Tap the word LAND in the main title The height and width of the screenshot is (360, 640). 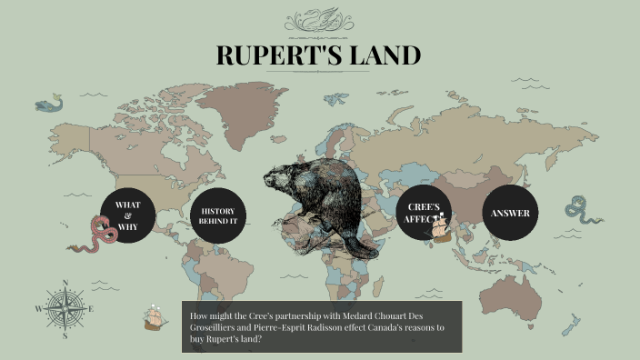click(x=382, y=55)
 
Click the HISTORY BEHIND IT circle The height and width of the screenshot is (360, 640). click(x=219, y=216)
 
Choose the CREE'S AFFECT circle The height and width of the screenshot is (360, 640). click(x=423, y=213)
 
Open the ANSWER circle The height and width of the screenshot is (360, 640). click(x=510, y=213)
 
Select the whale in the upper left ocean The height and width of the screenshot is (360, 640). click(x=51, y=104)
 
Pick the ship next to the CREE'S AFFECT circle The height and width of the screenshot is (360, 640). click(x=442, y=230)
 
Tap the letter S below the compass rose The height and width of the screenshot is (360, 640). click(x=65, y=335)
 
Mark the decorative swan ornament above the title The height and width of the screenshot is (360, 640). click(x=318, y=19)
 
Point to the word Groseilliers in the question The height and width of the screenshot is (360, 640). click(x=215, y=326)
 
